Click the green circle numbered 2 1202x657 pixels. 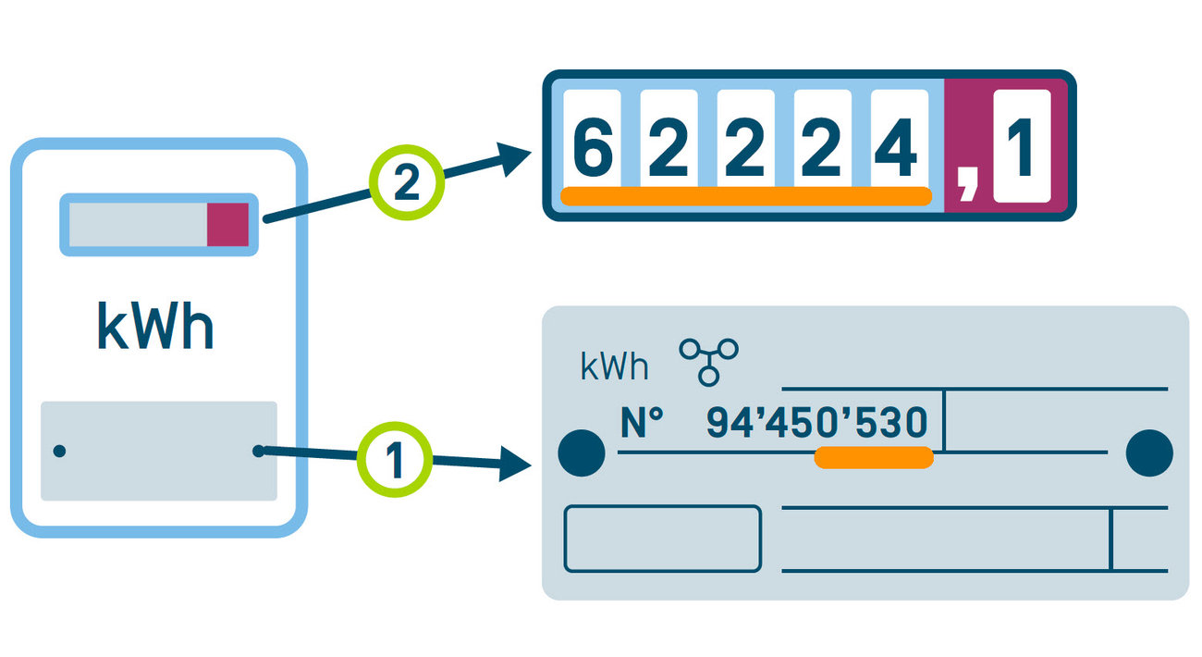coord(407,183)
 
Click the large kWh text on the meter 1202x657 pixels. coord(154,327)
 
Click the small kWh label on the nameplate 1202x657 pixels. coord(614,367)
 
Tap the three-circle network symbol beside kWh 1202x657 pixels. coord(709,359)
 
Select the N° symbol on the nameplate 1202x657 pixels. coord(642,424)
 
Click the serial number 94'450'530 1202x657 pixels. coord(816,424)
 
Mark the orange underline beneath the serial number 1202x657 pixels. coord(874,457)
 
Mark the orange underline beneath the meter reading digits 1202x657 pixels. coord(745,195)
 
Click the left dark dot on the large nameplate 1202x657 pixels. coord(583,452)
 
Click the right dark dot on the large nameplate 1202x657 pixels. coord(1148,452)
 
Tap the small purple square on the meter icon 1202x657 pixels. coord(227,225)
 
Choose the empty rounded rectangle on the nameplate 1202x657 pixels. coord(662,539)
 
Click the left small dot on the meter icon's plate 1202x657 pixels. coord(59,451)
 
